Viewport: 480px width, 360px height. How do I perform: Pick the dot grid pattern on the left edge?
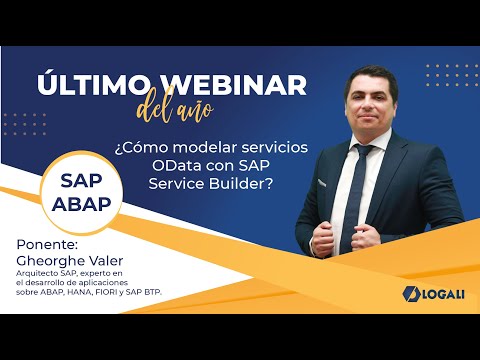pos(23,123)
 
